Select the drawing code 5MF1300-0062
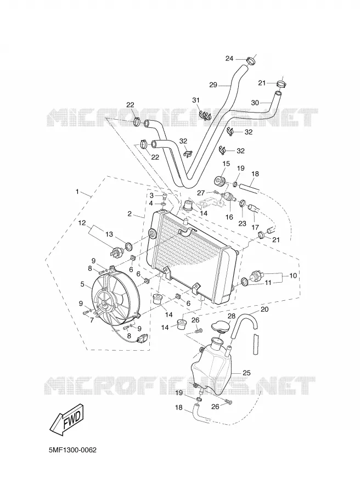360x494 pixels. coord(73,450)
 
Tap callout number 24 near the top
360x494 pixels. coord(238,58)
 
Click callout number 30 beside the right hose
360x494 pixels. coord(255,103)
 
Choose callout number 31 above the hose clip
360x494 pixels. coord(196,100)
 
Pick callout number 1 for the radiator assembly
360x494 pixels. coord(77,192)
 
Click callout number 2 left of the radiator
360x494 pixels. coord(130,214)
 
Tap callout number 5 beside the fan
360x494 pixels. coord(82,284)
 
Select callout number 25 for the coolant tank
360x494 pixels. coord(246,373)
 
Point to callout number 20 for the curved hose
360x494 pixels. coord(265,310)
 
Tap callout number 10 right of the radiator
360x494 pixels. coord(293,276)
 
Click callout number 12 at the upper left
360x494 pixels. coord(82,223)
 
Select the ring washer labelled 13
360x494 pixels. coord(129,246)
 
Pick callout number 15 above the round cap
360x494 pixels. coord(226,164)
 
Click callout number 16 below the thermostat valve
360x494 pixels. coord(229,217)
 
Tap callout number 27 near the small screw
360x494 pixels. coord(201,193)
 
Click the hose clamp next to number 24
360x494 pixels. coord(251,59)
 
